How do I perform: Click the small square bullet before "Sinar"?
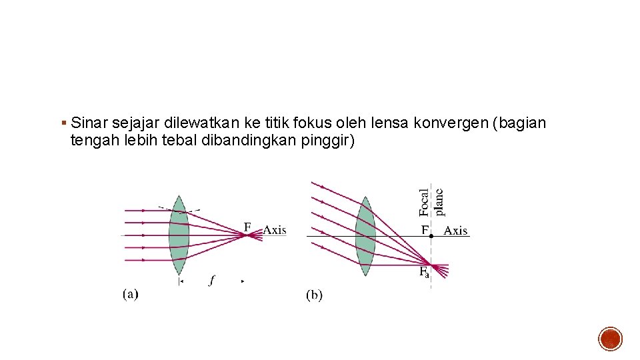pyautogui.click(x=63, y=123)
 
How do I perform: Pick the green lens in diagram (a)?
pyautogui.click(x=179, y=235)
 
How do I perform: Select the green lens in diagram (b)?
pyautogui.click(x=365, y=236)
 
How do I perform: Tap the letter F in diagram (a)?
pyautogui.click(x=247, y=227)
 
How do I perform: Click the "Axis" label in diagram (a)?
pyautogui.click(x=274, y=230)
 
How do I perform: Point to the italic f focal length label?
pyautogui.click(x=212, y=281)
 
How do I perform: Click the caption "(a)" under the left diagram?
pyautogui.click(x=131, y=293)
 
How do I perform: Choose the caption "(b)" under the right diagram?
pyautogui.click(x=314, y=295)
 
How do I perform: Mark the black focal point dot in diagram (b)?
pyautogui.click(x=431, y=236)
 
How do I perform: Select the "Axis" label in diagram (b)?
pyautogui.click(x=455, y=231)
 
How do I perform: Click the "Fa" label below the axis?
pyautogui.click(x=424, y=272)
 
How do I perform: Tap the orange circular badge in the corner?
pyautogui.click(x=610, y=339)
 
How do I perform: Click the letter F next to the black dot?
pyautogui.click(x=424, y=230)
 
